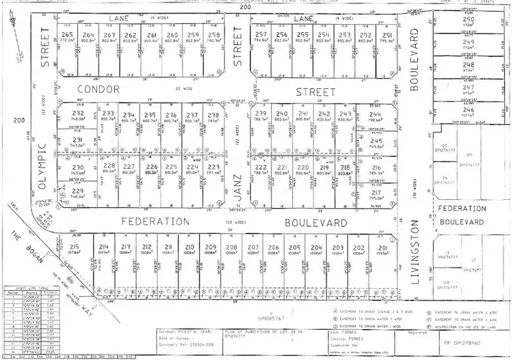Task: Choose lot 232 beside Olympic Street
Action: (78, 114)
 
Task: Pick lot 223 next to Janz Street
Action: (213, 166)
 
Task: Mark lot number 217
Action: (376, 192)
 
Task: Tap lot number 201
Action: (382, 247)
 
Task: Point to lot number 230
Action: (78, 167)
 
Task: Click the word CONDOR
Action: (98, 89)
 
